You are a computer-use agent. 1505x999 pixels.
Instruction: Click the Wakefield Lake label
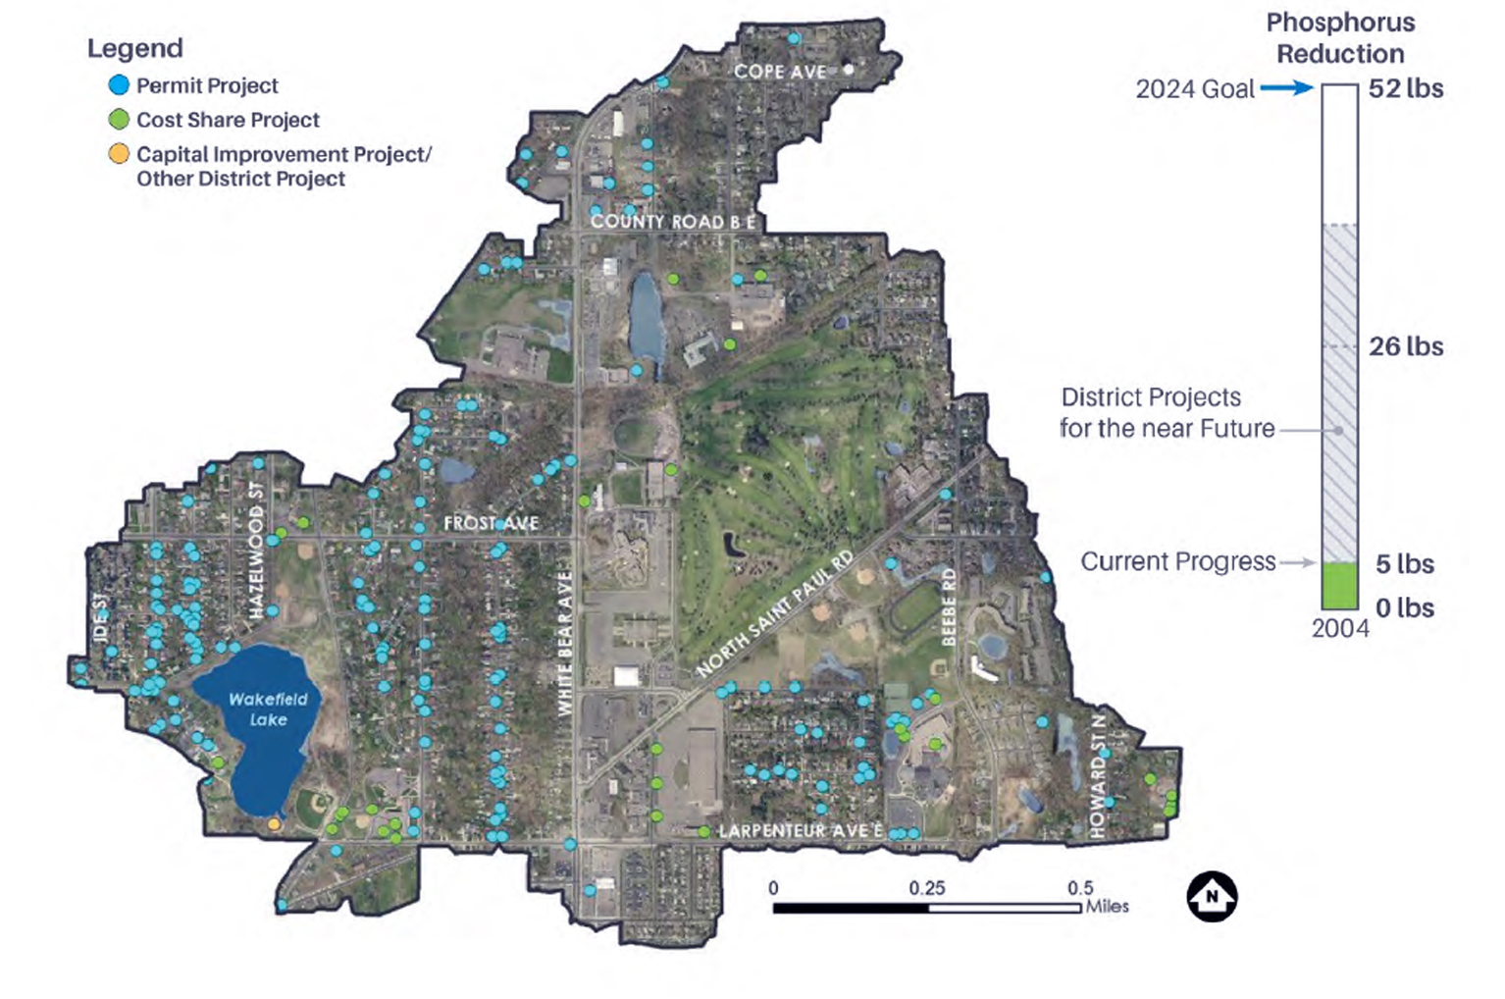[x=268, y=709]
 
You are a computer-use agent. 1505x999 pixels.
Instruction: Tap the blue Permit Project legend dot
[x=119, y=85]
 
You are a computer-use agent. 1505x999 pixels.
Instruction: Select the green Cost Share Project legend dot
[x=119, y=120]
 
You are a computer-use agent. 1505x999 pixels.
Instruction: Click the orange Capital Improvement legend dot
[x=119, y=154]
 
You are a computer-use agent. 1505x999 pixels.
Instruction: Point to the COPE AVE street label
[x=780, y=72]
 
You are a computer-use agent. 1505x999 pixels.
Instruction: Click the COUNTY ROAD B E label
[x=673, y=222]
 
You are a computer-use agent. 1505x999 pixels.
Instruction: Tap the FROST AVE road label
[x=491, y=523]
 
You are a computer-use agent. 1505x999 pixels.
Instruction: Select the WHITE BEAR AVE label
[x=565, y=643]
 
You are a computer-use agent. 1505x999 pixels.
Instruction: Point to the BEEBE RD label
[x=949, y=605]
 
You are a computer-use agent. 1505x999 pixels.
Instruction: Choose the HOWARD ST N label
[x=1098, y=775]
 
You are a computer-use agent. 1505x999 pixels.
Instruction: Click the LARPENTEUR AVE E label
[x=801, y=831]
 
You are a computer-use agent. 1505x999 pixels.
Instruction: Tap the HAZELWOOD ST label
[x=256, y=550]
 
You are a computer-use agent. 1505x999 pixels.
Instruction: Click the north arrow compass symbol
[x=1212, y=897]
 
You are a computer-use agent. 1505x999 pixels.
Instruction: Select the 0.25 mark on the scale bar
[x=927, y=888]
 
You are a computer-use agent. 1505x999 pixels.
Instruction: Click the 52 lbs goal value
[x=1405, y=88]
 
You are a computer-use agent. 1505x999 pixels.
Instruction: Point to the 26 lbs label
[x=1405, y=346]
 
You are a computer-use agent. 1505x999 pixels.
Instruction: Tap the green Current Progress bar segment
[x=1339, y=586]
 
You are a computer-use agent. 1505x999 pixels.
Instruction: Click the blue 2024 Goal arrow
[x=1286, y=88]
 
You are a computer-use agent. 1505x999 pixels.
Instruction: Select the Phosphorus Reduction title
[x=1340, y=38]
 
